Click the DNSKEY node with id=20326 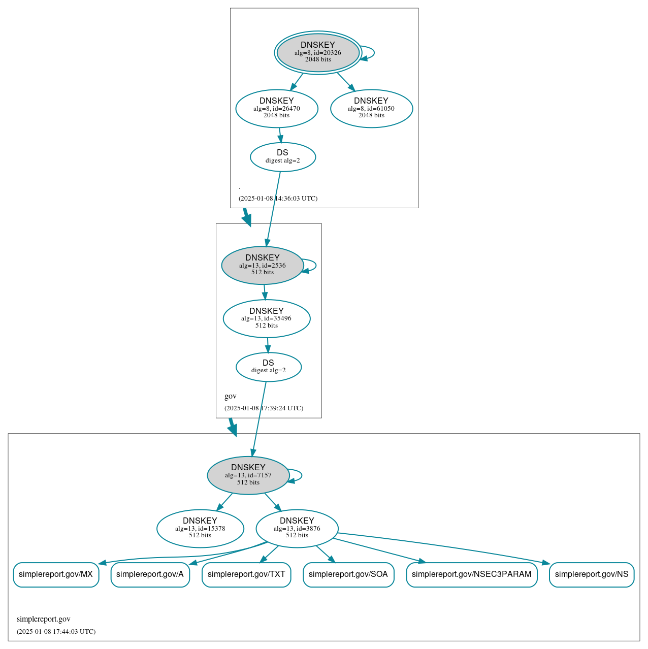318,52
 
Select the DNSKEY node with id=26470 277,108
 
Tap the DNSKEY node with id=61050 371,108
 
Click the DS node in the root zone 283,157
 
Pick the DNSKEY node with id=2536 263,265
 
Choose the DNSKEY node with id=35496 267,318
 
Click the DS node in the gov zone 269,367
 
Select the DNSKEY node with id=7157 248,475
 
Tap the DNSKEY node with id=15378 200,528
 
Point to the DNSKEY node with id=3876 297,528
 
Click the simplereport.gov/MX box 56,574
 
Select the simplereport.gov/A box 150,574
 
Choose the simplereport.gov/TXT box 246,574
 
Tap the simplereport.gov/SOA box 348,574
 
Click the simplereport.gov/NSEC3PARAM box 471,574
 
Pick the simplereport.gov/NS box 592,574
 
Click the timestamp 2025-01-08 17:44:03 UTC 56,632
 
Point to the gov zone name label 231,396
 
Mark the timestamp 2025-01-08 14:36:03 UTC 278,199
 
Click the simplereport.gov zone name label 44,619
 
